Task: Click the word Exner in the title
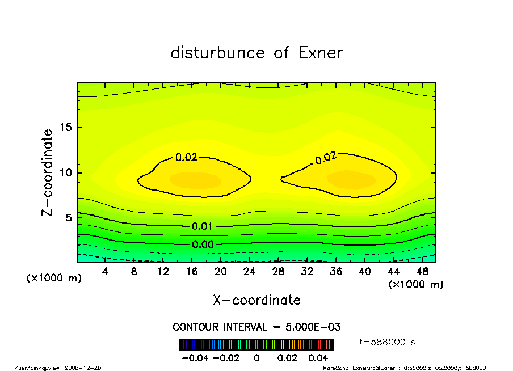(x=320, y=53)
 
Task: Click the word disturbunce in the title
(x=218, y=53)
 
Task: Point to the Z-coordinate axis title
(x=48, y=172)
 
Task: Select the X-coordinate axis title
(x=256, y=300)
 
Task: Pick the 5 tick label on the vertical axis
(x=68, y=218)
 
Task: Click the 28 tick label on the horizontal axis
(x=278, y=272)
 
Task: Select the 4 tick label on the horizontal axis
(x=105, y=272)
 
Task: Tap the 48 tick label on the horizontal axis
(x=422, y=272)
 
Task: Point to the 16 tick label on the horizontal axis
(x=191, y=272)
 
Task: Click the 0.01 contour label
(x=202, y=226)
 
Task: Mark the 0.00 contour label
(x=202, y=244)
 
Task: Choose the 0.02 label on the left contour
(x=186, y=158)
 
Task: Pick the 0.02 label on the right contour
(x=325, y=158)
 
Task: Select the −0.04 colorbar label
(x=191, y=359)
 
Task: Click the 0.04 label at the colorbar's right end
(x=318, y=359)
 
